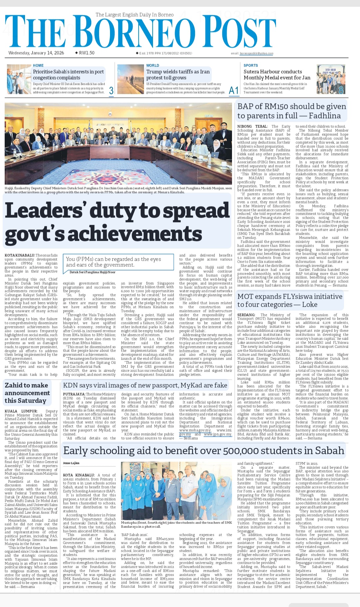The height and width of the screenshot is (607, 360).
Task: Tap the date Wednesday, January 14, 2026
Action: click(36, 53)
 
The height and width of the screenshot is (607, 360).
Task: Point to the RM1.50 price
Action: click(86, 53)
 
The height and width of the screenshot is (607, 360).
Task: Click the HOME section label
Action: click(38, 66)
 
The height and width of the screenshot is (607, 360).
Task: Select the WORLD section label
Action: click(153, 66)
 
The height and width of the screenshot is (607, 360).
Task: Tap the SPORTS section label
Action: click(251, 66)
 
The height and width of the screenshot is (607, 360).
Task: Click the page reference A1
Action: click(234, 90)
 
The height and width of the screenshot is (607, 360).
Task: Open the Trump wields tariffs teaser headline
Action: click(178, 75)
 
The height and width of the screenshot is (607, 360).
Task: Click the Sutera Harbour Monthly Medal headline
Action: click(277, 75)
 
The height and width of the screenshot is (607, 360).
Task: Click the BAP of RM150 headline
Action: click(291, 111)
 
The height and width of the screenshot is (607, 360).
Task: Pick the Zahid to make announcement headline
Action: click(27, 393)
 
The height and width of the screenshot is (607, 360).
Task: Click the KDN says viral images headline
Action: click(145, 385)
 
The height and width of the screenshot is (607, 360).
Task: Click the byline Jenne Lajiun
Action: click(71, 463)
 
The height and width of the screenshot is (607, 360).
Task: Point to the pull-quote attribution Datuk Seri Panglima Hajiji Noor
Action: click(92, 272)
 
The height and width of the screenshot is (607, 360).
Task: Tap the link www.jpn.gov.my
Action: click(218, 434)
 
